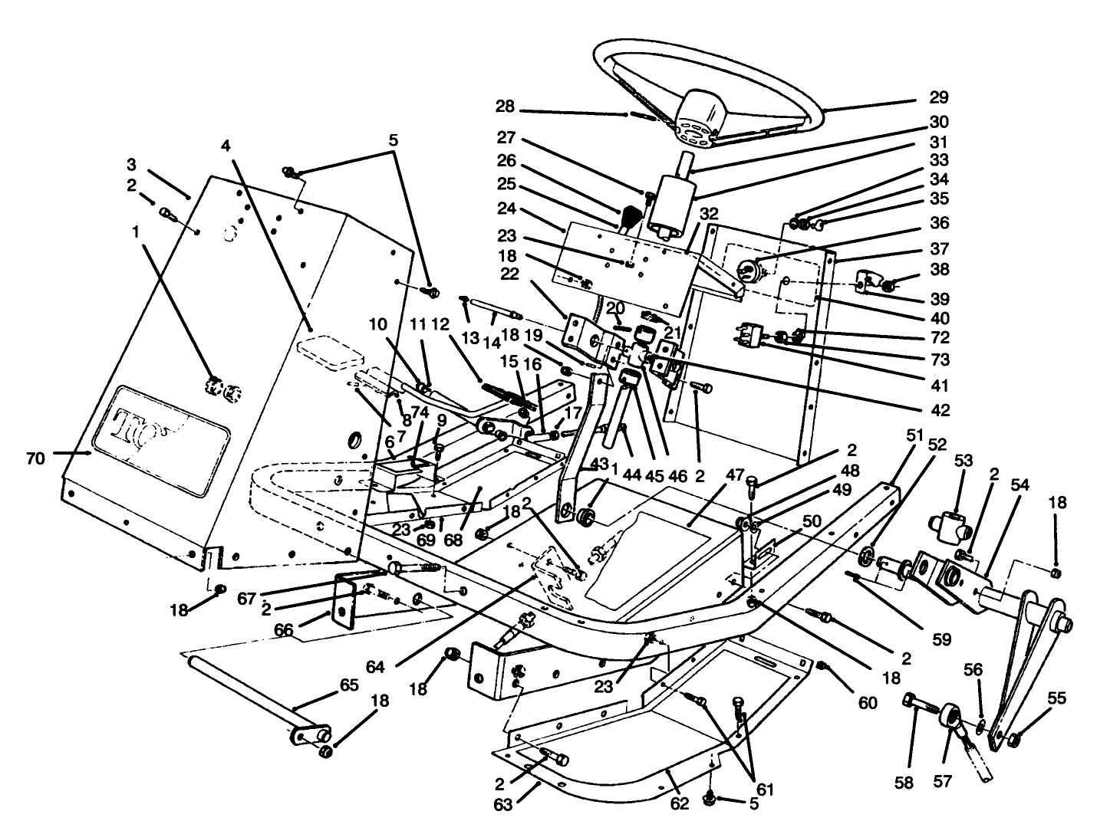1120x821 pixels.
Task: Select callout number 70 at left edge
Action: [35, 458]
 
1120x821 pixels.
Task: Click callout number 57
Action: [942, 781]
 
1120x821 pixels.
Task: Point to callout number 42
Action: [940, 411]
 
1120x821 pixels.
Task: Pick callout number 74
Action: [418, 411]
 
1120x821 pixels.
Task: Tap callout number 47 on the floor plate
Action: [734, 476]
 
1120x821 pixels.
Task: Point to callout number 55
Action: [1056, 698]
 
